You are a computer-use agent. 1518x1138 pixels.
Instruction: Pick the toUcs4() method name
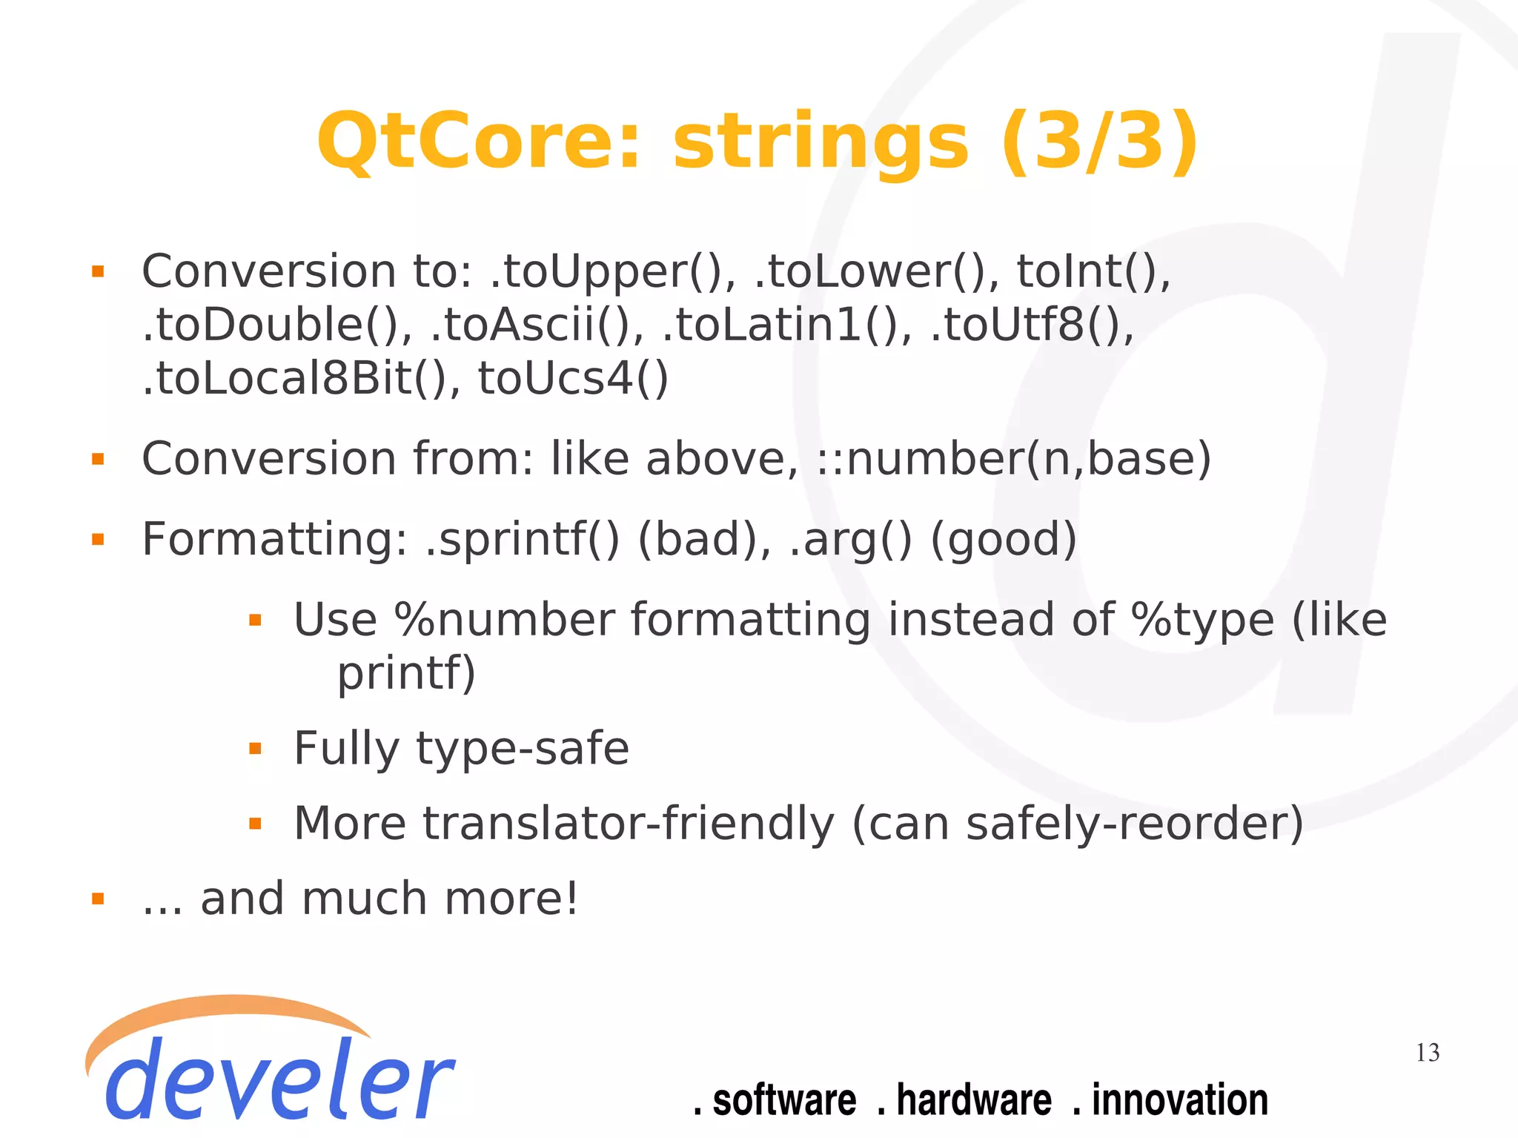tap(573, 379)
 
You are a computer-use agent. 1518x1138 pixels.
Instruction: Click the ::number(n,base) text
tap(1013, 460)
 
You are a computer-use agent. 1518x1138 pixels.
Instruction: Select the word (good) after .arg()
tap(1002, 540)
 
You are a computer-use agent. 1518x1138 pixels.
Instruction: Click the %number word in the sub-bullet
tap(505, 621)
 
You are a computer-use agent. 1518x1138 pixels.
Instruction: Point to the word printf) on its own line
tap(406, 674)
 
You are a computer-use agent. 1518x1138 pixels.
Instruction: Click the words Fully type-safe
tap(461, 749)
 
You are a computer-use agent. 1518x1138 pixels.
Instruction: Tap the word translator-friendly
tap(629, 824)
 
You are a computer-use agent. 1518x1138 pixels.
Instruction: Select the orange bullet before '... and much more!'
tap(98, 899)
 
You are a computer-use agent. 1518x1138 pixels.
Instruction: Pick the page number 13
tap(1427, 1053)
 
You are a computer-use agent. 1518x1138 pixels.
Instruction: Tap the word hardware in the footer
tap(973, 1100)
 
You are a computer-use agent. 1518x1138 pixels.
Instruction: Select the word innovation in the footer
tap(1179, 1100)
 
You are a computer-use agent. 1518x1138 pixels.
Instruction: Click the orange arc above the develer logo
tap(222, 1008)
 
